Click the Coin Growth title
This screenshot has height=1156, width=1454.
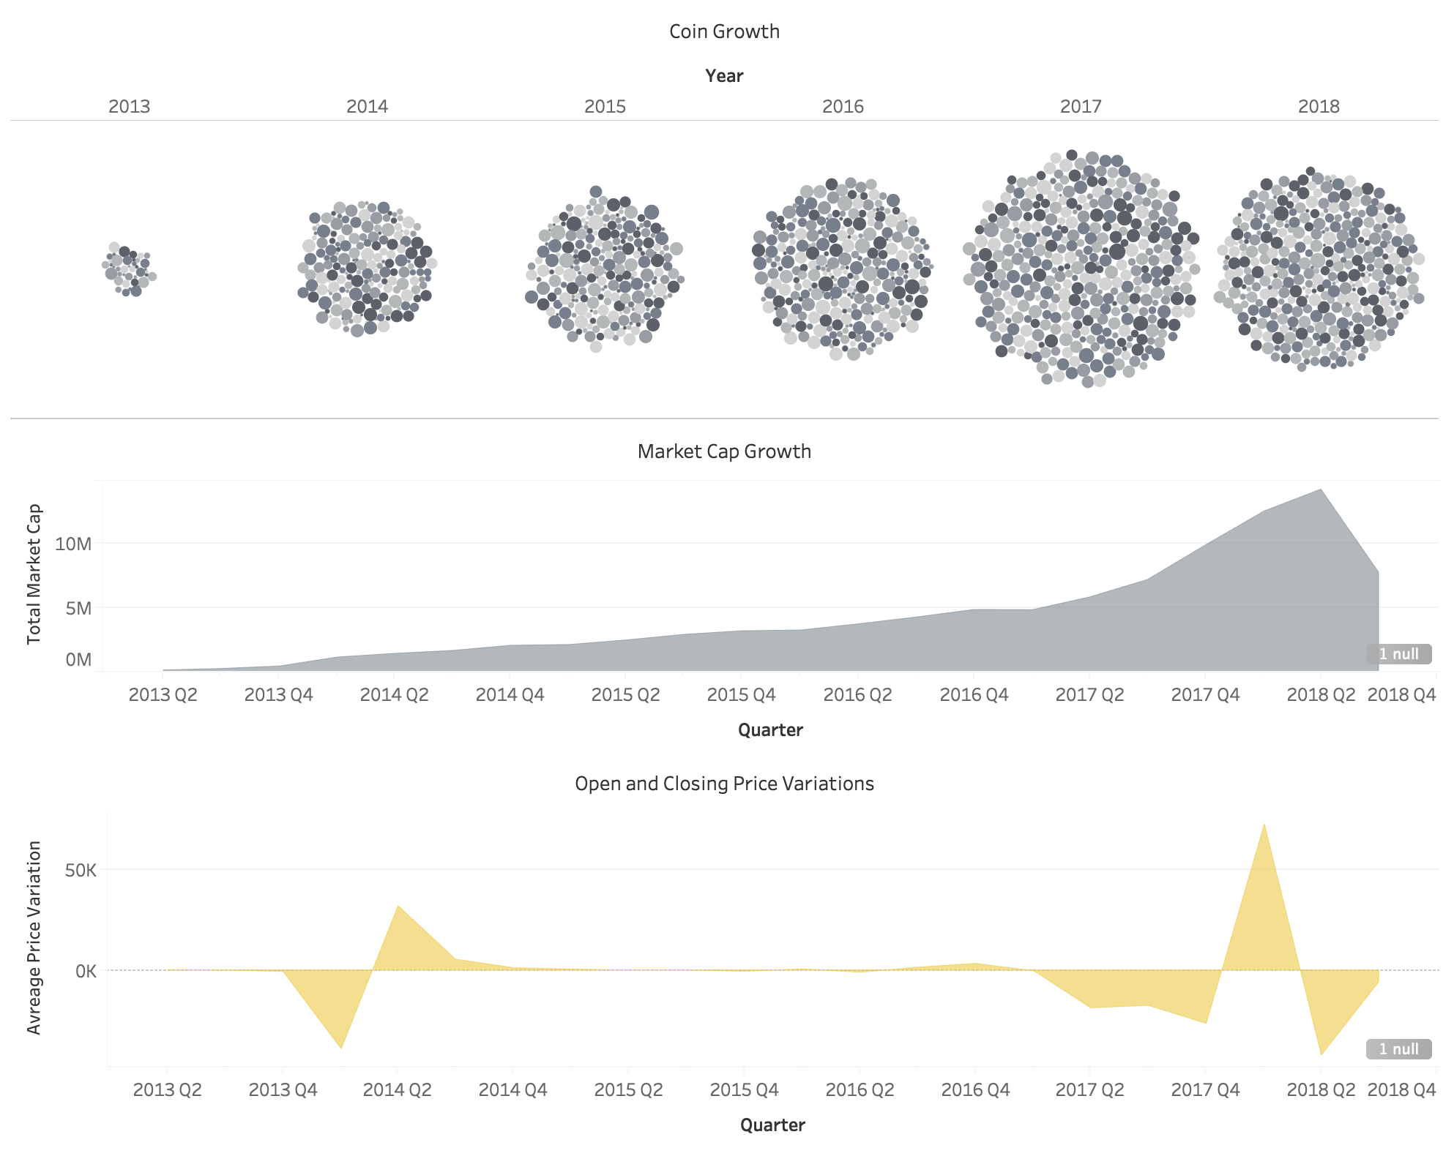click(724, 31)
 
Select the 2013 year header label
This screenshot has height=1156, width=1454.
click(129, 107)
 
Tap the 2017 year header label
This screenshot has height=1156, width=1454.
click(1080, 107)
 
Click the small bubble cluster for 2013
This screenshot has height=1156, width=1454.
click(129, 269)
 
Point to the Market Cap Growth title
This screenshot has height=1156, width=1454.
click(724, 451)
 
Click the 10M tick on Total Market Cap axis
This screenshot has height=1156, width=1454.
click(73, 544)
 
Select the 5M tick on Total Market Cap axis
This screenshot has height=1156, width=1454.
click(78, 608)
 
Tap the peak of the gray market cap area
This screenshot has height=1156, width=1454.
click(1320, 491)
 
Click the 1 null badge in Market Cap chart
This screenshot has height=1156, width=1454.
click(1398, 654)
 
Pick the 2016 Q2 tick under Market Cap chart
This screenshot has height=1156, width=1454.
click(857, 694)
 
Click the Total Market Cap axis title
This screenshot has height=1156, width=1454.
click(34, 574)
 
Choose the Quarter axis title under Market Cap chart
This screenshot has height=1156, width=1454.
click(770, 730)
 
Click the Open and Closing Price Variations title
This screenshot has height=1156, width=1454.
click(724, 784)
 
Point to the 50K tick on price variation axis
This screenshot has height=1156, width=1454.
click(81, 870)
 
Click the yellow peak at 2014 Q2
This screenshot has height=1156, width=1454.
click(398, 908)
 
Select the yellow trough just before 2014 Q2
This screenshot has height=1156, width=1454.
click(341, 1046)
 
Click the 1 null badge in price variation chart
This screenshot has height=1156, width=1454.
click(1398, 1049)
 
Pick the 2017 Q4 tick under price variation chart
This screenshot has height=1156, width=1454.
click(1205, 1089)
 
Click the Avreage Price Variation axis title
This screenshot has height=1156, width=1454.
click(34, 938)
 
